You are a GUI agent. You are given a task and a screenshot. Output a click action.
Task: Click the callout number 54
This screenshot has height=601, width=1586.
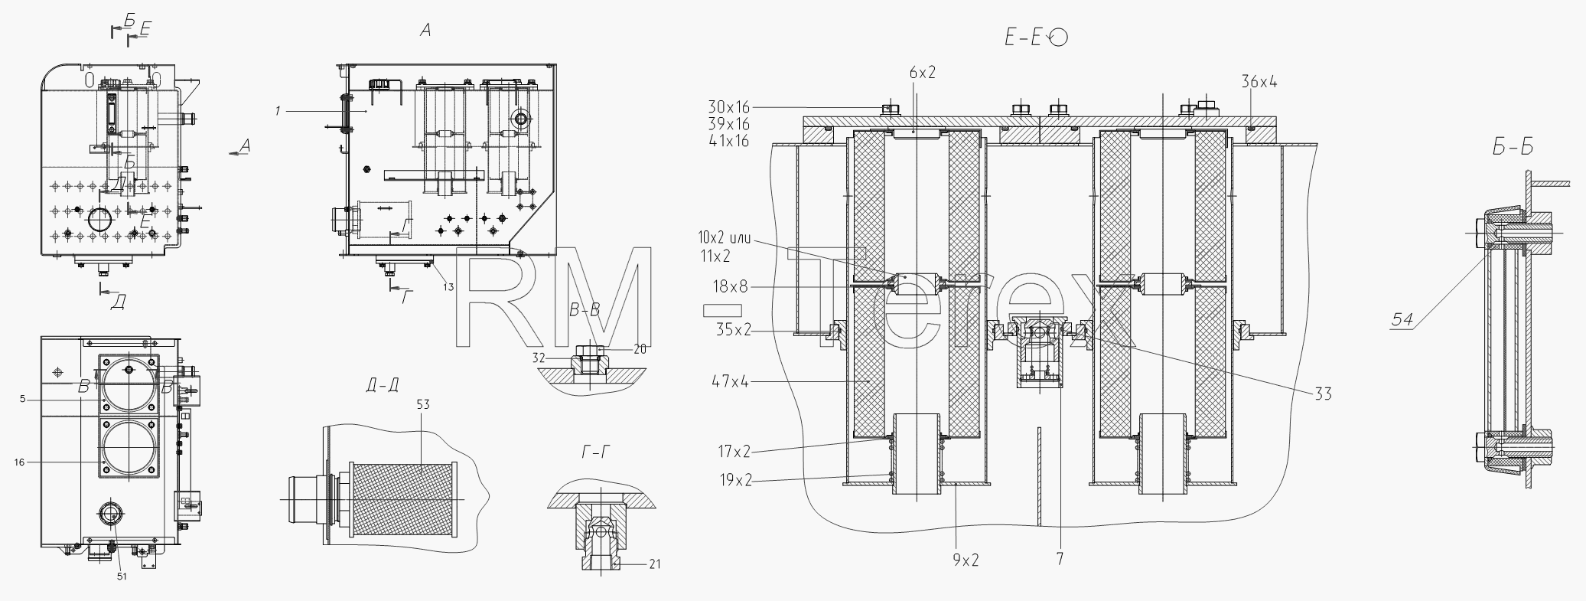coord(1402,320)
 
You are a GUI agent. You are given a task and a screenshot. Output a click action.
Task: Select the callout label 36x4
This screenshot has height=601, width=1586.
coord(1259,82)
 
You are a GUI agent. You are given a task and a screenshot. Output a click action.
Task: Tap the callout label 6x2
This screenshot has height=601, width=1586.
coord(923,73)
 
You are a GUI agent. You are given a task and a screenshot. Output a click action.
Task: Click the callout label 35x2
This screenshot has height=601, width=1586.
coord(734,330)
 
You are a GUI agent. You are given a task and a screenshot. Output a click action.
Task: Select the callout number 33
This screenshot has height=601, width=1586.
coord(1323,394)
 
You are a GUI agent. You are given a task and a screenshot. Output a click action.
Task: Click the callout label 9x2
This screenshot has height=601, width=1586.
coord(966,560)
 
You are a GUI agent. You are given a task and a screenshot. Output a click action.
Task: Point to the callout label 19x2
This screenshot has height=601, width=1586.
coord(734,481)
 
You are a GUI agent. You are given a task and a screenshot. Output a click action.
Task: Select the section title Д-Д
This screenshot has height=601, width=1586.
coord(382,385)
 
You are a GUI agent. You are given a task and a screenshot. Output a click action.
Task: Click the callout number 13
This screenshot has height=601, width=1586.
coord(448,287)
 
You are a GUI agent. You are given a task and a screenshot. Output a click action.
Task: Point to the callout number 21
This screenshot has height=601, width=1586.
coord(655,564)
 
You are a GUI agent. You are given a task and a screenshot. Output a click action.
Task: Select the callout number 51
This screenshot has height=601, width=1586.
coord(122,577)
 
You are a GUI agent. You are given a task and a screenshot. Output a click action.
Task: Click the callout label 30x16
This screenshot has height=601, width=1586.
coord(729,107)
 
